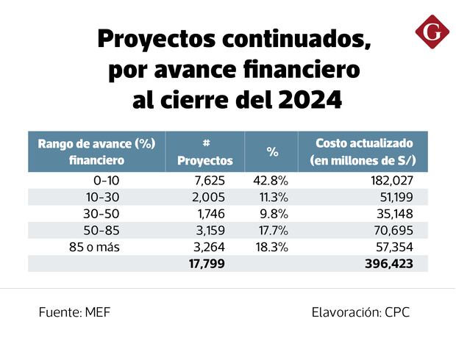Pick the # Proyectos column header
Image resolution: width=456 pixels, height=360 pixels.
(205, 151)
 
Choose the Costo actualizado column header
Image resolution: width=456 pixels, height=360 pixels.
(363, 151)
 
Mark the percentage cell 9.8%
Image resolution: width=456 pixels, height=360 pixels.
(274, 214)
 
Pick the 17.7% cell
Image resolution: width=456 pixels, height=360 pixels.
(272, 230)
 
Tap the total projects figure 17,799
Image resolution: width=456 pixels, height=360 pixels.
(206, 263)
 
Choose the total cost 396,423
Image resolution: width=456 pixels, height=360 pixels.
(388, 263)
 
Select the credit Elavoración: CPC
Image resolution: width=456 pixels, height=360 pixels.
(360, 312)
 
